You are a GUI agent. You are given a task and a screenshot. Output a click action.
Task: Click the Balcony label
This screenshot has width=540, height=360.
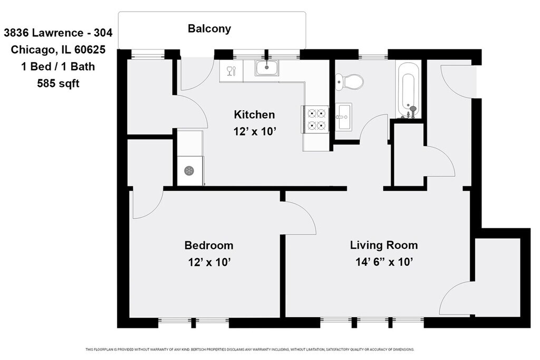pyautogui.click(x=209, y=28)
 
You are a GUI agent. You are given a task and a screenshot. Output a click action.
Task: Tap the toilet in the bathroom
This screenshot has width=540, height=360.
pyautogui.click(x=349, y=82)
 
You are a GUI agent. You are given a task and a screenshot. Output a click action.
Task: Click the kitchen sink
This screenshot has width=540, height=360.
pyautogui.click(x=267, y=67)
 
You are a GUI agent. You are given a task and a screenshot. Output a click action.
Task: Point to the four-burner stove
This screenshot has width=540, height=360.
pyautogui.click(x=316, y=119)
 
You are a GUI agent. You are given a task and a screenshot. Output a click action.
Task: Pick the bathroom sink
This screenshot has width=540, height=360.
pyautogui.click(x=343, y=116)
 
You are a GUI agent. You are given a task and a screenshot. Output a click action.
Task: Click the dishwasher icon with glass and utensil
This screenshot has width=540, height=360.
pyautogui.click(x=231, y=71)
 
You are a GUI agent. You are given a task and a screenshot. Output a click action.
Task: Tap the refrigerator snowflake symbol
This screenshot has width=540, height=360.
pyautogui.click(x=189, y=171)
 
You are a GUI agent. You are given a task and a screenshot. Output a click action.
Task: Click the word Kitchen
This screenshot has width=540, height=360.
pyautogui.click(x=254, y=114)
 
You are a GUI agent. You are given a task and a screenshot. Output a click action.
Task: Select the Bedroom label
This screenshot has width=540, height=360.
pyautogui.click(x=209, y=246)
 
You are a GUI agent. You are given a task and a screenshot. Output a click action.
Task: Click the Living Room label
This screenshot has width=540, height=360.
pyautogui.click(x=384, y=245)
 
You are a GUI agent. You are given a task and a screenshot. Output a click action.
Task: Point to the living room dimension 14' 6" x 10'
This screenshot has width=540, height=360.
pyautogui.click(x=384, y=262)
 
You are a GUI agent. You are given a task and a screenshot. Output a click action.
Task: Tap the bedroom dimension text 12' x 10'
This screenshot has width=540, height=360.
pyautogui.click(x=209, y=262)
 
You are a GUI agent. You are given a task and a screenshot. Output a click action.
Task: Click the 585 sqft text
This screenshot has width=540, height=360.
pyautogui.click(x=58, y=83)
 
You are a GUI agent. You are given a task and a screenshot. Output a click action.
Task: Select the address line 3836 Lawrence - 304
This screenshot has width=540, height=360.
pyautogui.click(x=58, y=33)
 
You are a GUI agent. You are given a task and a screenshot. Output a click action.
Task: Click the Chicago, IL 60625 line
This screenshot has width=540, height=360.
pyautogui.click(x=58, y=50)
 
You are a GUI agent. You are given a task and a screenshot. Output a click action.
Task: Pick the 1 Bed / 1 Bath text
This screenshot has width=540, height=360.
pyautogui.click(x=58, y=66)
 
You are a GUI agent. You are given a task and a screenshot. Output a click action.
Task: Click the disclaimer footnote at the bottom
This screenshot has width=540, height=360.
pyautogui.click(x=249, y=349)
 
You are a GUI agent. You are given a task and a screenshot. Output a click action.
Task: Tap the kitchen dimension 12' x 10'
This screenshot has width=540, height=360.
pyautogui.click(x=255, y=131)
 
